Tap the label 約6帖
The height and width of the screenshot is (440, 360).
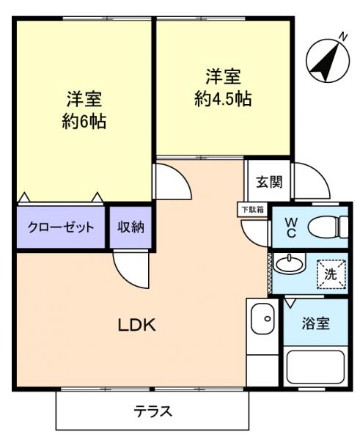[x=84, y=121]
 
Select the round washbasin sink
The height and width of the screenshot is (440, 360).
[x=292, y=262]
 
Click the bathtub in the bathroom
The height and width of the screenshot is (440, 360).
[x=315, y=367]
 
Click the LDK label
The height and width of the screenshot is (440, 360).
[x=137, y=325]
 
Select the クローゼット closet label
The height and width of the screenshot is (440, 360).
[x=61, y=227]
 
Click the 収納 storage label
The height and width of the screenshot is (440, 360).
[x=131, y=227]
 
